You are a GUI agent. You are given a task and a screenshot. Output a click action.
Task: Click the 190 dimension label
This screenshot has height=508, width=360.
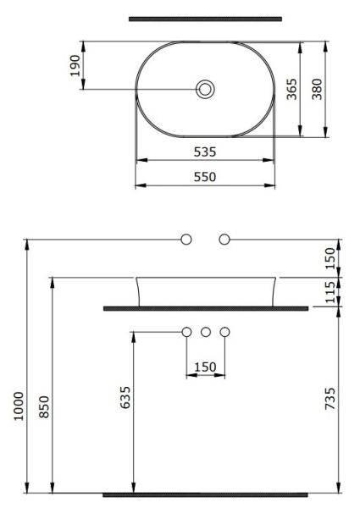coord(75,65)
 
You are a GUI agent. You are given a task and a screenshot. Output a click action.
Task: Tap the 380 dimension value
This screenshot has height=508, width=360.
coord(317,88)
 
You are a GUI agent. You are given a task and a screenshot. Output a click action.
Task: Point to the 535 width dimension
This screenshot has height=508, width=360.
coord(205,152)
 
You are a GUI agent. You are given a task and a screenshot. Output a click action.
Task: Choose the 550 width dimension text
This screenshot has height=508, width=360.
coord(205,177)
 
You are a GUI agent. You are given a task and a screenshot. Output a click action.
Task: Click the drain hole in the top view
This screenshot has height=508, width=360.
coord(204,88)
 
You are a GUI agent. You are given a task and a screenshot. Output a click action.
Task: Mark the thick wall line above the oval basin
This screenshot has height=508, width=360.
coord(205,18)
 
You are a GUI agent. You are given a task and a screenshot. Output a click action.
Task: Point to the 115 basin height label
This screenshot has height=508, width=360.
coord(331,292)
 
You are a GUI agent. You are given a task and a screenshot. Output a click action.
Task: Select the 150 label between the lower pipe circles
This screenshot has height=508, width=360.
coord(205,367)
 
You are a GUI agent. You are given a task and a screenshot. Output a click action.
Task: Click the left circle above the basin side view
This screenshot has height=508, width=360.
coord(186,240)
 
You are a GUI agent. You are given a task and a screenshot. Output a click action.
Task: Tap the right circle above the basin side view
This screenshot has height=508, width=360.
coord(224,240)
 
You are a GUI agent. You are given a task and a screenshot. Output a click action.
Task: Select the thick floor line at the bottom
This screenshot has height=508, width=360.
coord(205,494)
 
